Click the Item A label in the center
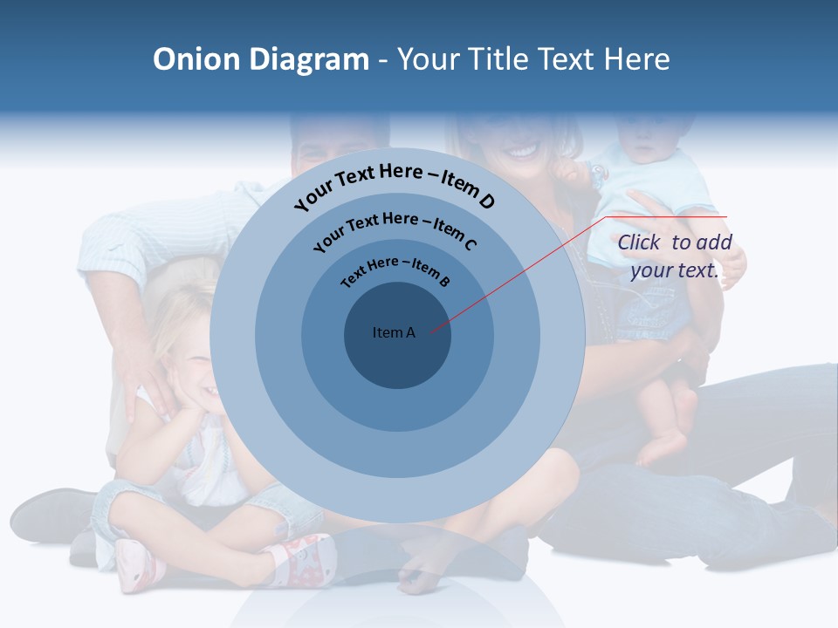[394, 332]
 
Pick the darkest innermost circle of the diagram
[397, 358]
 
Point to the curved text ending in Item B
[395, 271]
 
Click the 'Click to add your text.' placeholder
[674, 256]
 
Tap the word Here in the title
[634, 59]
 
